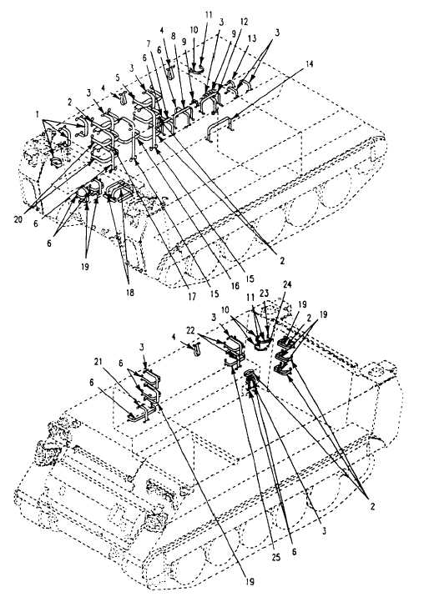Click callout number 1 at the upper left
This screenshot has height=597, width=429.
(x=37, y=113)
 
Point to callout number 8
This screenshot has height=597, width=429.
(x=174, y=37)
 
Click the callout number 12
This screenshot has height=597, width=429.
(x=245, y=22)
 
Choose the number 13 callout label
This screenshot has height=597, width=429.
(x=252, y=38)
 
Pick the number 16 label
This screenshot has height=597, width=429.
(x=235, y=285)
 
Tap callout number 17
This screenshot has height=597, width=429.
(x=192, y=296)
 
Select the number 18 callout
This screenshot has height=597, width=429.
(x=130, y=293)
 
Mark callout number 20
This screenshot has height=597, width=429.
(x=18, y=219)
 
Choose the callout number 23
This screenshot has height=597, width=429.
(x=264, y=293)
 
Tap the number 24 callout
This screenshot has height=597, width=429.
(x=286, y=284)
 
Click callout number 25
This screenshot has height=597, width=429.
(x=275, y=558)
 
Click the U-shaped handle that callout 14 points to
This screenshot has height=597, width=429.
(x=219, y=129)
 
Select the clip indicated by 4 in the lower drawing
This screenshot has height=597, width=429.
(x=197, y=349)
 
